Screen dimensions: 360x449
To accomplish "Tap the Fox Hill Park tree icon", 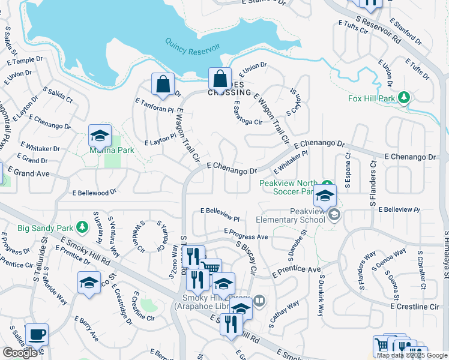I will pyautogui.click(x=405, y=97).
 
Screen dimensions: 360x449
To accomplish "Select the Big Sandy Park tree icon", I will pyautogui.click(x=80, y=227).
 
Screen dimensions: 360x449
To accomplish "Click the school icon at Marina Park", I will pyautogui.click(x=100, y=135).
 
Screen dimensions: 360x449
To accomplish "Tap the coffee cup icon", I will pyautogui.click(x=37, y=334).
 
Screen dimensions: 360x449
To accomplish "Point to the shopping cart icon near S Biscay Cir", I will pyautogui.click(x=210, y=268).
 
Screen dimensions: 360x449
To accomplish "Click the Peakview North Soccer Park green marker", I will pyautogui.click(x=326, y=184).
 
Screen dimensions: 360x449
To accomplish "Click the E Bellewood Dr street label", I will pyautogui.click(x=94, y=193).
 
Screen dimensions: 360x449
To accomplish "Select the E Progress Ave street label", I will pyautogui.click(x=246, y=234).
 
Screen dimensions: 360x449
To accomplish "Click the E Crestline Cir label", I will pyautogui.click(x=415, y=306).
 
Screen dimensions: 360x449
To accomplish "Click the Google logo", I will pyautogui.click(x=20, y=353).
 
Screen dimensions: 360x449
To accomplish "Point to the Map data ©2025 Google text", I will pyautogui.click(x=411, y=355).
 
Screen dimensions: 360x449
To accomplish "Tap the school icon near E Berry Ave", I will pyautogui.click(x=89, y=283).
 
